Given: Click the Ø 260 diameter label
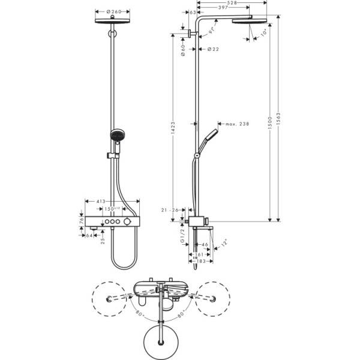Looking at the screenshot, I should click(x=112, y=11).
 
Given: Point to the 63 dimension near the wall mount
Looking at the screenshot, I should click(x=192, y=12).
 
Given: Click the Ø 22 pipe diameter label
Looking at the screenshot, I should click(x=211, y=49).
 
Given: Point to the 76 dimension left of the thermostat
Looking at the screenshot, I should click(x=82, y=220).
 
